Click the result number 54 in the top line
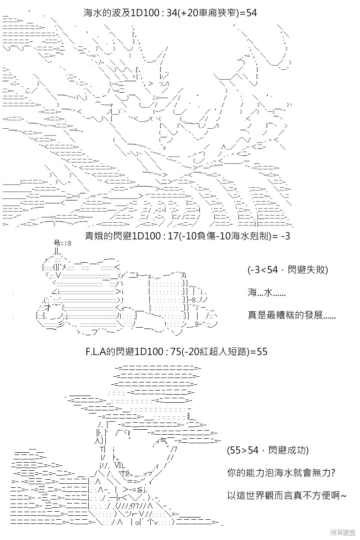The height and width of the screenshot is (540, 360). [251, 13]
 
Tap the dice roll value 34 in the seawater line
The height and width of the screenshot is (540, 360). [172, 13]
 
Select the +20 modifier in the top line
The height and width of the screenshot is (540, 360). [188, 13]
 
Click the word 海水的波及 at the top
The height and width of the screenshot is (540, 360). [107, 13]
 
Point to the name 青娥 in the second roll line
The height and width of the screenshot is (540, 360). [94, 236]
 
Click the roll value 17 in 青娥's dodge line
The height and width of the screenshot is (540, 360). [173, 236]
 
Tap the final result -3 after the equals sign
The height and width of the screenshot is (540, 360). [285, 236]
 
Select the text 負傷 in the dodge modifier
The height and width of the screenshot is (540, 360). [207, 236]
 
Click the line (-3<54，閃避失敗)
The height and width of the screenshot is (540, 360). [288, 270]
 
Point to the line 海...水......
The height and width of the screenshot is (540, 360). [266, 292]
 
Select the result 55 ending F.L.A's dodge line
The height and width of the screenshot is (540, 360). [262, 352]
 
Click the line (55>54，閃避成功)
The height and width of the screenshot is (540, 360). [268, 450]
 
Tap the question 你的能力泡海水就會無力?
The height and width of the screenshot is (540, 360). [281, 473]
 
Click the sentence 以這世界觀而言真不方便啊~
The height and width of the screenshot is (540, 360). [287, 495]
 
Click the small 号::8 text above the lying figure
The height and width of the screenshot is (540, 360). [63, 243]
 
